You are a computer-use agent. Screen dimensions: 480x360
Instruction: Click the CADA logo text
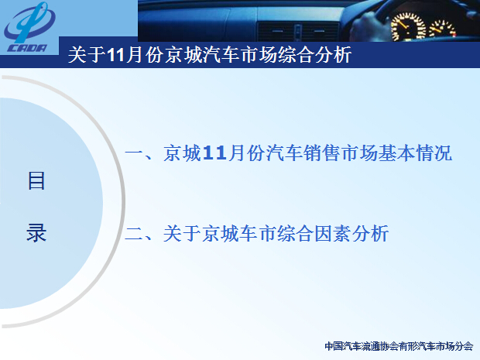click(27, 48)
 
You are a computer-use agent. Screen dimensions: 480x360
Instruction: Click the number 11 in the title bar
click(116, 56)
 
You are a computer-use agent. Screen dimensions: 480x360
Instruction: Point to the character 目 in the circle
click(36, 180)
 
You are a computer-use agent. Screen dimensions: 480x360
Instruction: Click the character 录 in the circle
click(36, 233)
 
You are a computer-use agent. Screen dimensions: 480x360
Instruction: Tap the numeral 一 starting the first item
click(134, 153)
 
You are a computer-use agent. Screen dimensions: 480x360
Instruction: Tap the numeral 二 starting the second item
click(134, 234)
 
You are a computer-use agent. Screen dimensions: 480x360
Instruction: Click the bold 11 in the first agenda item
click(214, 153)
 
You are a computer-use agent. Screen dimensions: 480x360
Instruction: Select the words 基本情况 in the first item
click(415, 153)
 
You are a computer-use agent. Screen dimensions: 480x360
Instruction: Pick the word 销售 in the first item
click(322, 153)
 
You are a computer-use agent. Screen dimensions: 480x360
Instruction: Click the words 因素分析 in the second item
click(351, 234)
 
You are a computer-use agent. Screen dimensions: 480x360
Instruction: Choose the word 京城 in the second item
click(220, 234)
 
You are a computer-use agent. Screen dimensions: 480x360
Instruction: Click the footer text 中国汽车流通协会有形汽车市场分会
click(399, 346)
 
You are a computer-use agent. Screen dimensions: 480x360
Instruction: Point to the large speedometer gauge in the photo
click(408, 27)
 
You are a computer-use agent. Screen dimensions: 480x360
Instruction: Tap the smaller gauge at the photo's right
click(442, 29)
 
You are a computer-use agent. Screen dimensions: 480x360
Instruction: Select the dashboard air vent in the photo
click(297, 32)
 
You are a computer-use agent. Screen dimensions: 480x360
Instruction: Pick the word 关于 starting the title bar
click(87, 55)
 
